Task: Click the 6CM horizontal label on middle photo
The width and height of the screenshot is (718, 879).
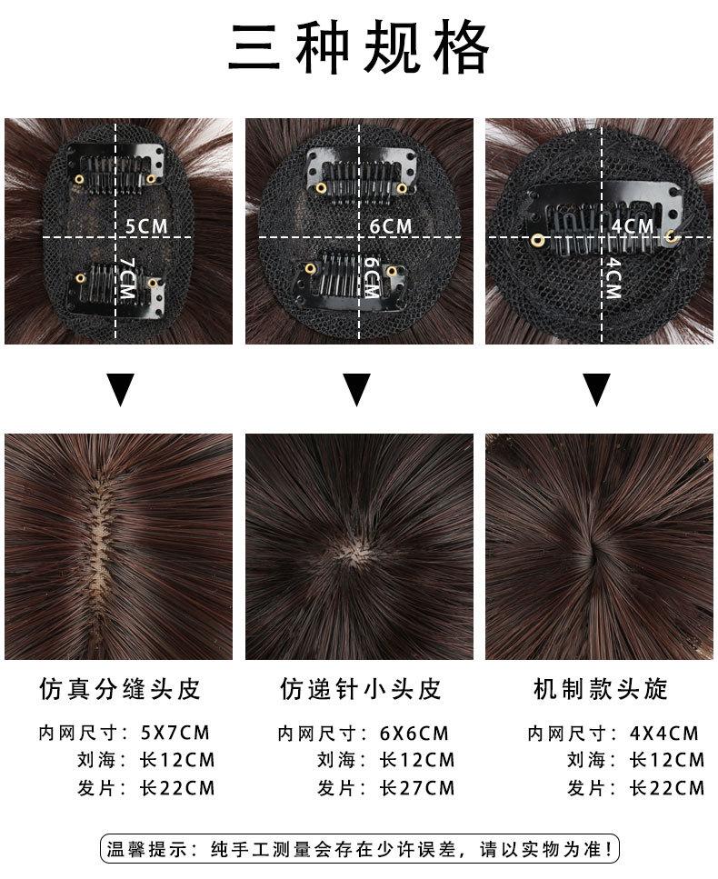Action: point(390,225)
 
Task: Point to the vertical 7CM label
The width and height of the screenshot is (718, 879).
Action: point(126,279)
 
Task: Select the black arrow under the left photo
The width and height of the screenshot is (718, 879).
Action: point(120,390)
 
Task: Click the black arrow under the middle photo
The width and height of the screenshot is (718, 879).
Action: point(357,390)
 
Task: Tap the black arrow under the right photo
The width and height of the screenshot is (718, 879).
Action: point(597,390)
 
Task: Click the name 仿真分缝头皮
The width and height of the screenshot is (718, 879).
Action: point(120,689)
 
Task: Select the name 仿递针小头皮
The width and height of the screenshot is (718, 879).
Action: point(361,689)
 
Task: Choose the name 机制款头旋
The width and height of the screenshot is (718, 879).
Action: point(600,689)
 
